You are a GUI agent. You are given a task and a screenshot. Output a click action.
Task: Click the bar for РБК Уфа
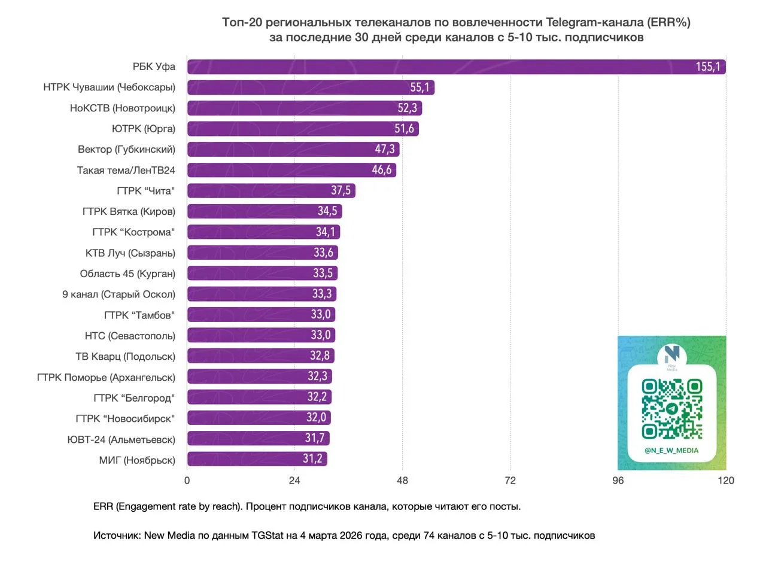(x=455, y=67)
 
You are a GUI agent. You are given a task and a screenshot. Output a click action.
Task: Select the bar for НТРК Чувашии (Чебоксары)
(x=311, y=87)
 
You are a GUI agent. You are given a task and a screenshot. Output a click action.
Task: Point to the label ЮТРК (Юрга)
(x=144, y=129)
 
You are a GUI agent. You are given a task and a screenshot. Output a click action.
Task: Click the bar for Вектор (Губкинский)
(x=293, y=150)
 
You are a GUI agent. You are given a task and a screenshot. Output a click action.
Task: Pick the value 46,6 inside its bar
(x=382, y=170)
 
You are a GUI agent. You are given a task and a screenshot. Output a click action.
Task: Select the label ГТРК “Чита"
(x=146, y=191)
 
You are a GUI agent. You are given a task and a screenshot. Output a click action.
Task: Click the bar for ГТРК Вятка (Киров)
(x=264, y=211)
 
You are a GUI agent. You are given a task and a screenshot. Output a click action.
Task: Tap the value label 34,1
(x=326, y=232)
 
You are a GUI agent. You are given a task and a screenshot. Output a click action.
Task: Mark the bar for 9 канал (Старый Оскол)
(x=262, y=294)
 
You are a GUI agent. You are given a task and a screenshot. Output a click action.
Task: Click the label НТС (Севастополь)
(x=130, y=335)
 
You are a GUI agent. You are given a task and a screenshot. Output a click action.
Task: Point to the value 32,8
(x=320, y=356)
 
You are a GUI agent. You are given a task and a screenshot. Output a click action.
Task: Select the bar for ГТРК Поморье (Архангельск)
(x=259, y=376)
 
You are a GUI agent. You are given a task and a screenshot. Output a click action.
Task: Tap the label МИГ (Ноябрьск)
(x=137, y=460)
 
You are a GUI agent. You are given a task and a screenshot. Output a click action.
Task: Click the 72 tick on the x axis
(x=510, y=480)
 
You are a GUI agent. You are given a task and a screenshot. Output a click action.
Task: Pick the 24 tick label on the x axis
(x=294, y=480)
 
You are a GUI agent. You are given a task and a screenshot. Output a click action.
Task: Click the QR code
(x=672, y=409)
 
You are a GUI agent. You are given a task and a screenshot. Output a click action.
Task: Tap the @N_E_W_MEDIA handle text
(x=671, y=451)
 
